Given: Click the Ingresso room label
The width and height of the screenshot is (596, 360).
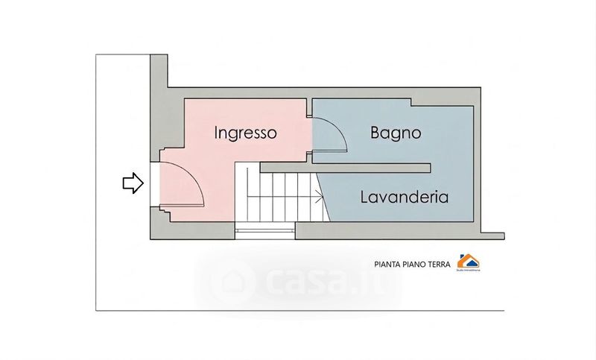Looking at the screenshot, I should (246, 133).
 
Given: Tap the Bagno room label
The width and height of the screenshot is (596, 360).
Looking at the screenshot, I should (396, 133).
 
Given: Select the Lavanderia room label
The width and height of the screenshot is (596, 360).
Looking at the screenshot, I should (404, 198).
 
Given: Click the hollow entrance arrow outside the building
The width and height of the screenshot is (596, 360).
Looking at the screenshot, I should (133, 183).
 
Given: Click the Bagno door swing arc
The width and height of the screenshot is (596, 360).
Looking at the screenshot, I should (336, 131).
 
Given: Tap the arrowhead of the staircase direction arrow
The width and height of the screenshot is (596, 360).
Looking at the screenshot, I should (320, 198).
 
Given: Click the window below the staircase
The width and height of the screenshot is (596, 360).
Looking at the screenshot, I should (264, 230).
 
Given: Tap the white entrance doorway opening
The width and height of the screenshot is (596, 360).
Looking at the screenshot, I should (155, 183).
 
